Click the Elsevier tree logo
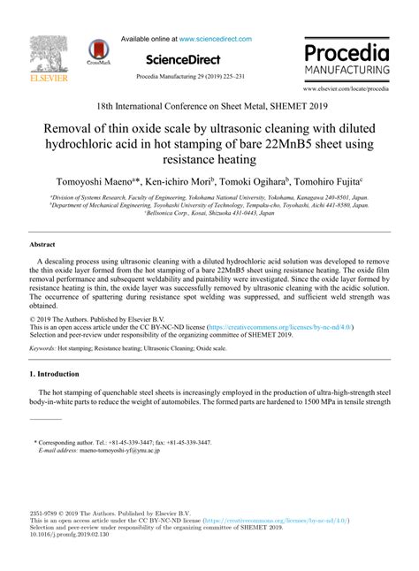(x=39, y=57)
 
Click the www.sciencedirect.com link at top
(x=215, y=39)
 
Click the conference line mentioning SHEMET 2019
(x=209, y=104)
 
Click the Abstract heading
(x=42, y=244)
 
